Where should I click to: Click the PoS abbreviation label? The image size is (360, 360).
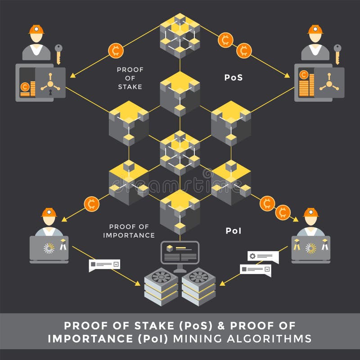tap(233, 77)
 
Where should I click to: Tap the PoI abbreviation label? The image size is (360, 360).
tap(234, 231)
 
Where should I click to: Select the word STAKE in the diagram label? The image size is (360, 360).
tap(130, 87)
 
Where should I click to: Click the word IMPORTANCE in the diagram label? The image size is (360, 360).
tap(129, 235)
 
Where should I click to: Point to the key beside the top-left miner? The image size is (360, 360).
tap(58, 54)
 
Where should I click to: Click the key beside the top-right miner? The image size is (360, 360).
tap(337, 54)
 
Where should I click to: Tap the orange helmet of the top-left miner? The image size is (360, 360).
tap(36, 29)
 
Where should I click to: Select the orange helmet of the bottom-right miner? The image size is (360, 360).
tap(310, 212)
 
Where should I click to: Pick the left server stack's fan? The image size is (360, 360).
tap(161, 277)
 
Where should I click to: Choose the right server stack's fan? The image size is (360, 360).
tap(198, 277)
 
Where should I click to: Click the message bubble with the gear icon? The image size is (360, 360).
tap(263, 257)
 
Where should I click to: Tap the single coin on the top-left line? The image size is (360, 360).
tap(116, 50)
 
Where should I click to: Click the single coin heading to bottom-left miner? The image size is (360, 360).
tap(92, 204)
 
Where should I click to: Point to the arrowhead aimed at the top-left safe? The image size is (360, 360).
tap(73, 75)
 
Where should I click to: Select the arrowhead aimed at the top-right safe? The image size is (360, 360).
tap(287, 75)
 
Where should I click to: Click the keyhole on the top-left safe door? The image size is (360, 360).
tap(50, 92)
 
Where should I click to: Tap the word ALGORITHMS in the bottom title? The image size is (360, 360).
tap(269, 339)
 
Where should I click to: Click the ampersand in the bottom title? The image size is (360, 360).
tap(221, 326)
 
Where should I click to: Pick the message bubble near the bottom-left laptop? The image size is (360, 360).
tap(104, 265)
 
